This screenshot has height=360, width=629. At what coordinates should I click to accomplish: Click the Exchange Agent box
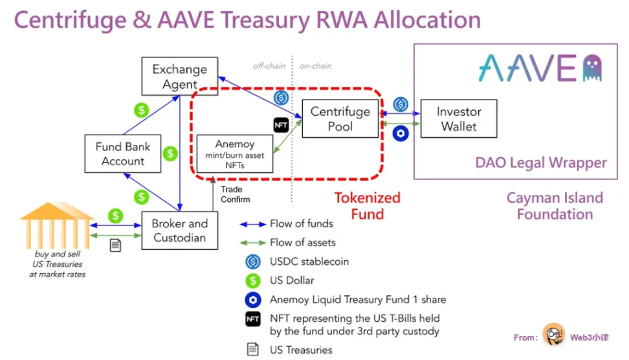pyautogui.click(x=179, y=76)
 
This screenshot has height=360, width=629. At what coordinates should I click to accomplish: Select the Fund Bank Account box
pyautogui.click(x=123, y=153)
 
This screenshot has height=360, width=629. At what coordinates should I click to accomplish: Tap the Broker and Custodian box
pyautogui.click(x=179, y=230)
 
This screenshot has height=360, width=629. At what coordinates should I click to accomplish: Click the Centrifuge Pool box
pyautogui.click(x=340, y=118)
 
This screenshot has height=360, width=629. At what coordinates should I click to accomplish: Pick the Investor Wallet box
pyautogui.click(x=459, y=118)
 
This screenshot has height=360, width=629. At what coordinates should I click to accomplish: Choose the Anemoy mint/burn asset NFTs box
pyautogui.click(x=234, y=154)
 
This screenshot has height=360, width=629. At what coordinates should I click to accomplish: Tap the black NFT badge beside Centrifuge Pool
pyautogui.click(x=281, y=125)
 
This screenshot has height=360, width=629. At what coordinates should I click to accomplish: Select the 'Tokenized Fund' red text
pyautogui.click(x=367, y=206)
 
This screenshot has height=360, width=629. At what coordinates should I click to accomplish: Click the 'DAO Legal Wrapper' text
pyautogui.click(x=542, y=163)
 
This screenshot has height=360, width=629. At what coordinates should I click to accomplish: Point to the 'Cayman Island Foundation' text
pyautogui.click(x=555, y=206)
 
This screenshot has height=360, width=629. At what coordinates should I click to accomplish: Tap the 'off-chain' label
pyautogui.click(x=269, y=66)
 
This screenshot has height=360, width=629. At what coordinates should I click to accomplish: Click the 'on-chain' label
pyautogui.click(x=316, y=66)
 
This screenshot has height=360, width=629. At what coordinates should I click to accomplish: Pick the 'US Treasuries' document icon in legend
pyautogui.click(x=253, y=349)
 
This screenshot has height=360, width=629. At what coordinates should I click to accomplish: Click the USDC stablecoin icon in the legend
pyautogui.click(x=253, y=262)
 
